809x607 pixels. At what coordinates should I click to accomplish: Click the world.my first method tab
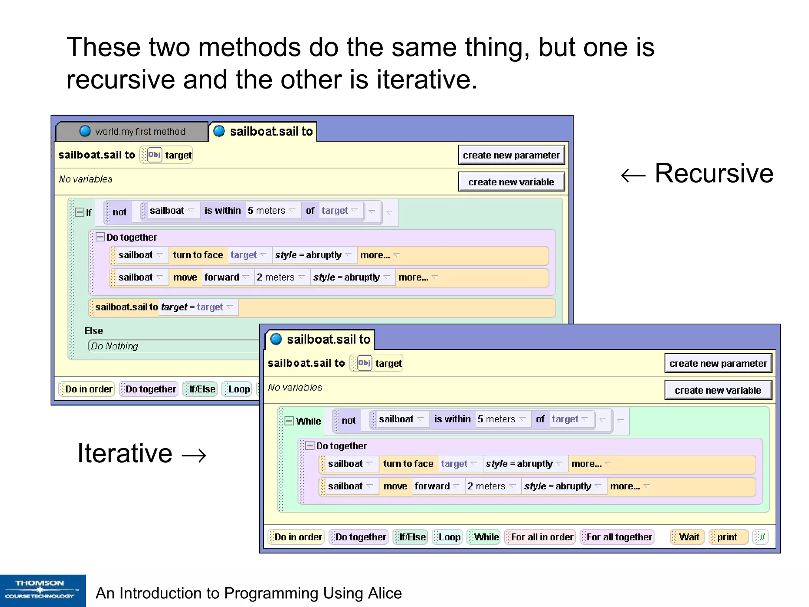[x=132, y=132]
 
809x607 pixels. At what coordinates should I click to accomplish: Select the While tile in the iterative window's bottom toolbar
[x=484, y=537]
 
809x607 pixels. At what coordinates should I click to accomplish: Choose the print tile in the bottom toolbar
[x=727, y=537]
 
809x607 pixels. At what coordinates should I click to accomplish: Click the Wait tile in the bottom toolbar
[x=688, y=537]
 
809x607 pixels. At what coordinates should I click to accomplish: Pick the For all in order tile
[x=540, y=537]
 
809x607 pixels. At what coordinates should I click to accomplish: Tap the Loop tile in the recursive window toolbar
[x=237, y=389]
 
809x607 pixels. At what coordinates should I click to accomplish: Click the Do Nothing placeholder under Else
[x=115, y=346]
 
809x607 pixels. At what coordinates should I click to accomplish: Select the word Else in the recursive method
[x=94, y=331]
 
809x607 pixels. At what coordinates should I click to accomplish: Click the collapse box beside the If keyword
[x=80, y=213]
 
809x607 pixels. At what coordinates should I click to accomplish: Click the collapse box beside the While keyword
[x=290, y=421]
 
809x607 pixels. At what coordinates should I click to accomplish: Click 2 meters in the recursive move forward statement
[x=276, y=277]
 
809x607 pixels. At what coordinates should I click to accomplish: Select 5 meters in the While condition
[x=496, y=419]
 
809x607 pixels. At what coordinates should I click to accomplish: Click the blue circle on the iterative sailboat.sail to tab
[x=276, y=339]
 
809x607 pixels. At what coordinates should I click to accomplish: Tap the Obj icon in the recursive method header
[x=154, y=155]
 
